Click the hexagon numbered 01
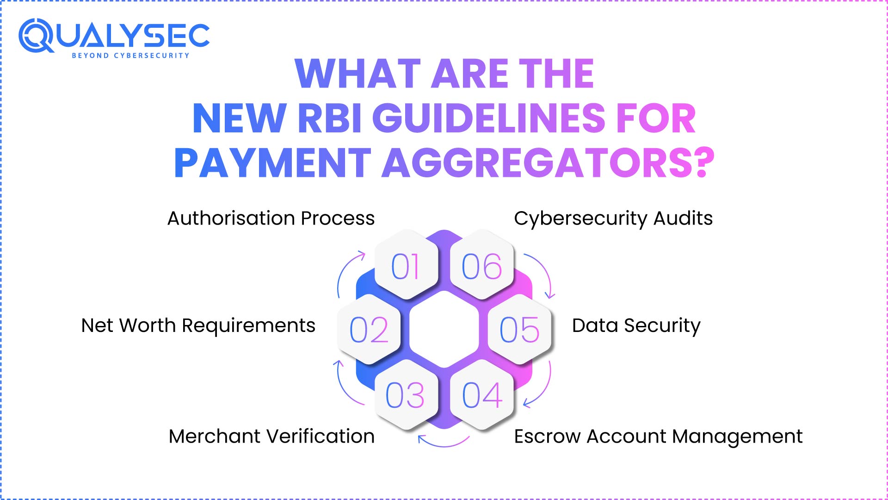(406, 265)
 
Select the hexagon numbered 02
(369, 329)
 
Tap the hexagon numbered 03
(406, 395)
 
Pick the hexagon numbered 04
(482, 395)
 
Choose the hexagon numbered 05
(519, 329)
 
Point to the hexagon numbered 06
(482, 265)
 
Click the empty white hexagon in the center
(444, 329)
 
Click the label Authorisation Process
(271, 218)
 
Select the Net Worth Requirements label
(198, 325)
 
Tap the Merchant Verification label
(271, 436)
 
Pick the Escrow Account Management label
(658, 436)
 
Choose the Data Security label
(636, 325)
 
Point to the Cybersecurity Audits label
(613, 218)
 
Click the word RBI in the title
(329, 119)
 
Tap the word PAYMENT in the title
(272, 163)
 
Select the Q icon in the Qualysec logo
(37, 36)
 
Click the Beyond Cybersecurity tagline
(130, 56)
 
